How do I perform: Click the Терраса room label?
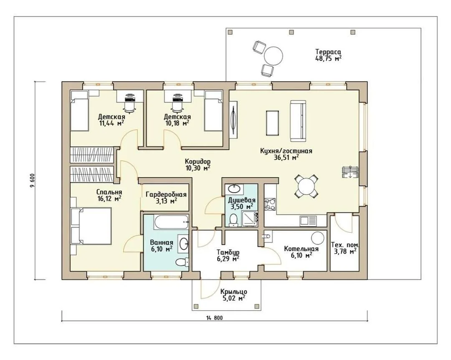click(x=328, y=52)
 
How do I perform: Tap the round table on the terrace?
click(x=273, y=56)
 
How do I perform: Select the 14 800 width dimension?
click(x=214, y=318)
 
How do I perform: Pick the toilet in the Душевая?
click(x=233, y=220)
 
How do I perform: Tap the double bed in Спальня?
click(x=91, y=226)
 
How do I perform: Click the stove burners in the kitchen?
click(x=270, y=204)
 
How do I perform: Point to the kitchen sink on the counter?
click(x=308, y=221)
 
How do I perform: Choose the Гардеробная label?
click(x=166, y=194)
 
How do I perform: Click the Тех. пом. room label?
click(x=345, y=245)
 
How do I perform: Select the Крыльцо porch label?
click(x=233, y=292)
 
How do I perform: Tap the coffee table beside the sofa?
click(x=272, y=123)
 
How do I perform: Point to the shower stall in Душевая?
click(x=250, y=219)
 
